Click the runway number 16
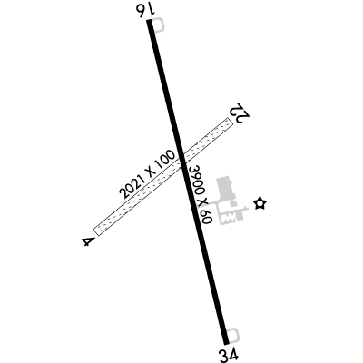146,11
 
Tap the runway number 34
230,355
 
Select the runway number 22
240,113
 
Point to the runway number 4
88,241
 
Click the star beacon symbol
260,203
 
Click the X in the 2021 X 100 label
150,172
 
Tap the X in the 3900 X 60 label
202,201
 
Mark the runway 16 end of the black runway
149,21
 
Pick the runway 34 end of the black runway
227,343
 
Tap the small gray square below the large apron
232,204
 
